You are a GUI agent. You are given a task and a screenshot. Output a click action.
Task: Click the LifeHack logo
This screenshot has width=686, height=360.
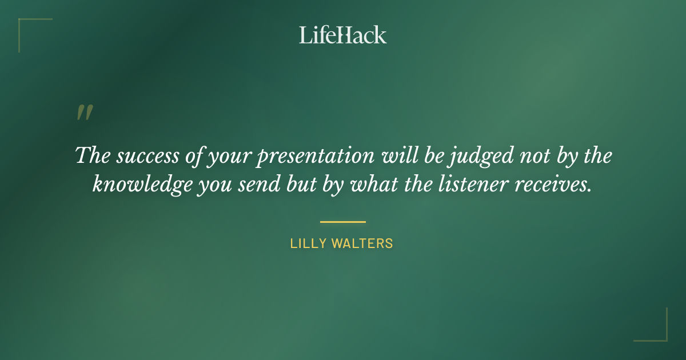click(x=343, y=35)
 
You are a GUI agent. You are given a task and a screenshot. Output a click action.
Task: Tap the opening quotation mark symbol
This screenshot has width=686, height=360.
click(x=84, y=113)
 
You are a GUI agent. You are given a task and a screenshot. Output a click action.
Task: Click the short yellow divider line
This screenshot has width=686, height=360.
click(x=342, y=222)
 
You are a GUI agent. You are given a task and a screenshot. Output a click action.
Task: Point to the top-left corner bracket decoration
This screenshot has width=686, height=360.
click(x=26, y=26)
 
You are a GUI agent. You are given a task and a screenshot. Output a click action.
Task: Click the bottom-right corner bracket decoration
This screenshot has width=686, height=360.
click(x=660, y=334)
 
